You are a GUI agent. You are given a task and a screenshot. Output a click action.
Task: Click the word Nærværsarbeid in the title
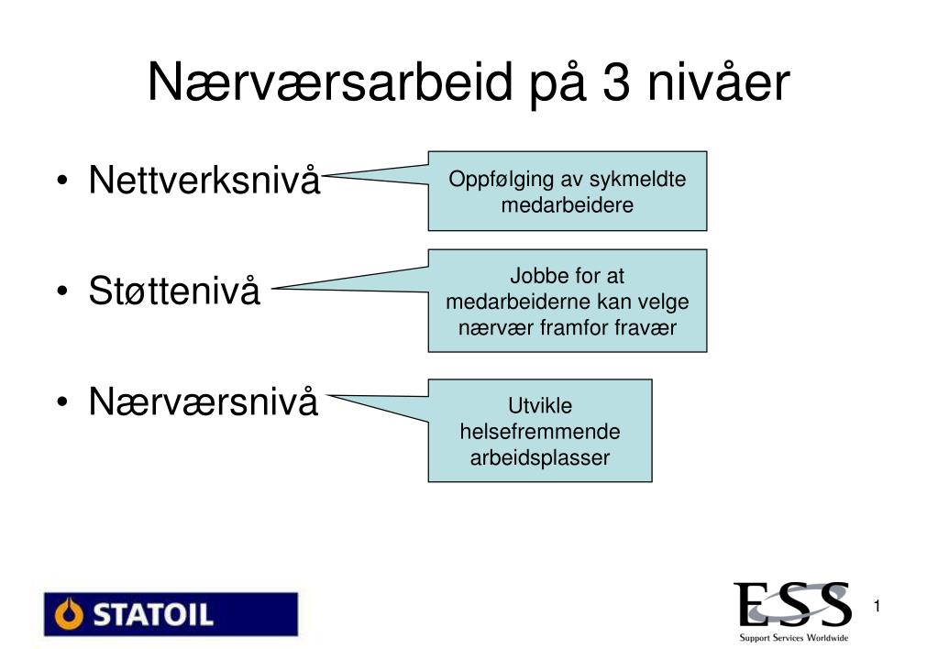tap(330, 82)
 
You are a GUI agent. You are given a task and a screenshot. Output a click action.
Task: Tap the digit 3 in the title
tap(616, 82)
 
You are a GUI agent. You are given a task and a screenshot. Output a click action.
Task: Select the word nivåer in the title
tap(719, 82)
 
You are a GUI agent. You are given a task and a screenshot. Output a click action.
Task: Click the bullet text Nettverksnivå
tap(204, 179)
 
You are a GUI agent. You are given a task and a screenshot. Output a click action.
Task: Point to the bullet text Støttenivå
tap(174, 290)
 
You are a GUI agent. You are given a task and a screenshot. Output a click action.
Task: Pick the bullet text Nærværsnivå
tap(204, 401)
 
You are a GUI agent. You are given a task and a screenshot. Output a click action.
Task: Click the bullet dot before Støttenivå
tap(62, 291)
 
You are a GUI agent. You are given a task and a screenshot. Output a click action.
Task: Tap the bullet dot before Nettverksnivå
tap(62, 181)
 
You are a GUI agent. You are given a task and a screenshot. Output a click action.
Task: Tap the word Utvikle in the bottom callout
tap(539, 405)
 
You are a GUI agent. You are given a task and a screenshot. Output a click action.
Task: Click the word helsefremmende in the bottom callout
tap(539, 431)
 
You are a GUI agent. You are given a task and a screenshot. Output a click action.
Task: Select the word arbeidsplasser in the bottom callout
tap(539, 457)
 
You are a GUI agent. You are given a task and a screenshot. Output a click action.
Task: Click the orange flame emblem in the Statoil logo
tap(69, 614)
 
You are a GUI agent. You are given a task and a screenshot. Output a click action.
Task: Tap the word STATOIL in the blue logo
tap(153, 614)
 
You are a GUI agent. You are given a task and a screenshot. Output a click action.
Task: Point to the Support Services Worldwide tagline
tap(794, 638)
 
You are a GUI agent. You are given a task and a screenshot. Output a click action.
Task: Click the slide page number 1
tap(877, 607)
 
